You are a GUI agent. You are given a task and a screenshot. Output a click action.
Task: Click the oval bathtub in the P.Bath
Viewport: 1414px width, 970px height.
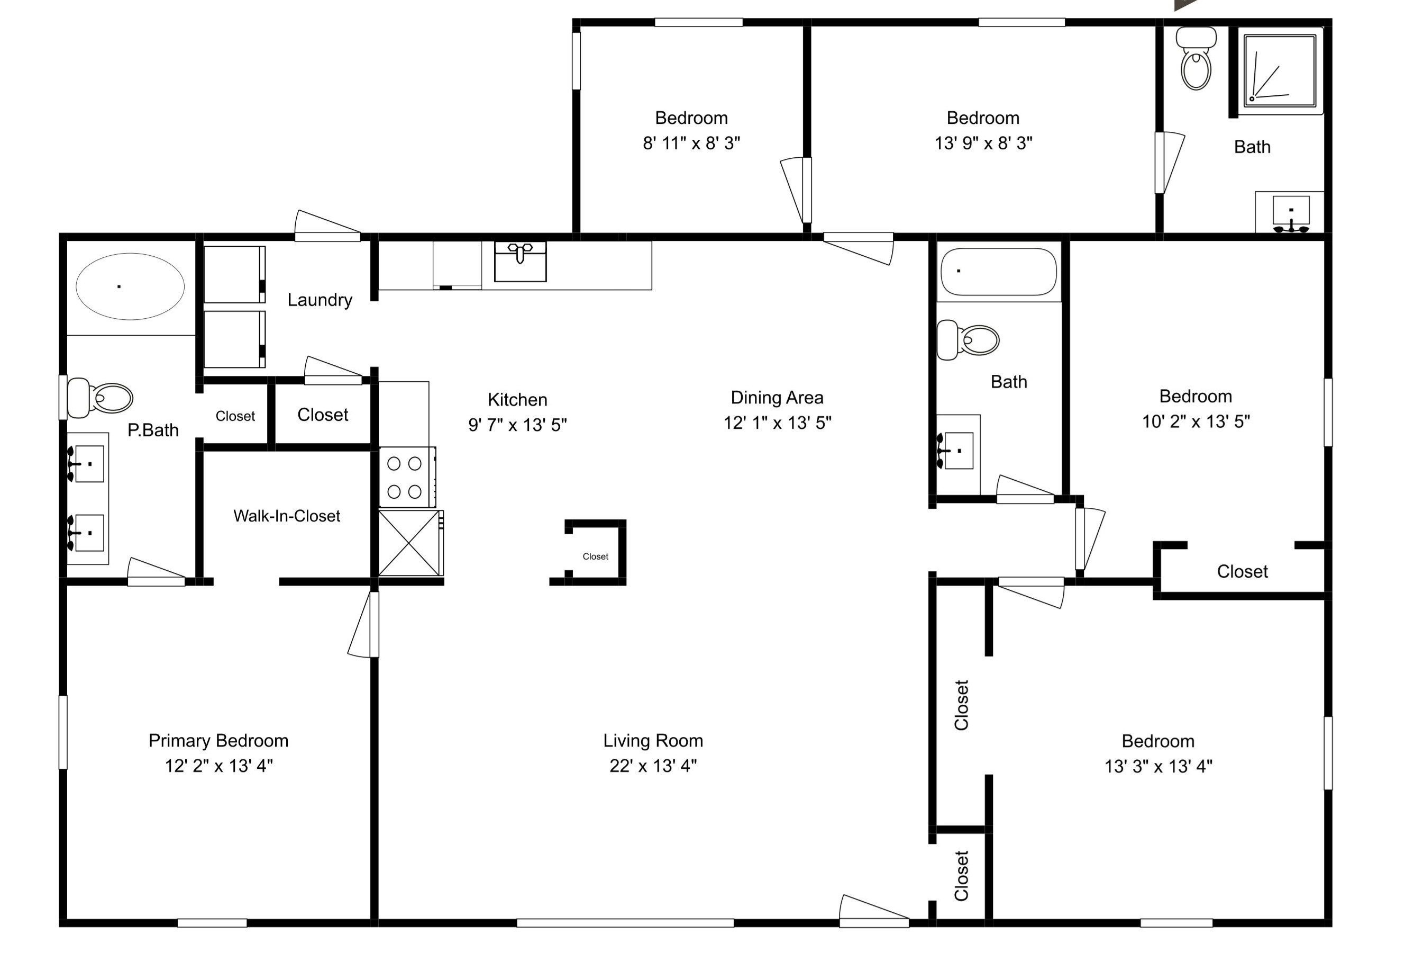[130, 286]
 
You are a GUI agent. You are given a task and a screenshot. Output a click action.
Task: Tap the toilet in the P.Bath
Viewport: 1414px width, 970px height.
[100, 398]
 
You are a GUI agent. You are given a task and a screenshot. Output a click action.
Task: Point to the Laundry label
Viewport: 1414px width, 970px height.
[320, 300]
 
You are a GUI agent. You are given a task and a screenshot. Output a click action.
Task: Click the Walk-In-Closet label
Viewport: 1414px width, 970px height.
[287, 516]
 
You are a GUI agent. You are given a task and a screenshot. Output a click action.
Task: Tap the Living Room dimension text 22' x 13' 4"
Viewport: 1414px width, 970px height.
[653, 766]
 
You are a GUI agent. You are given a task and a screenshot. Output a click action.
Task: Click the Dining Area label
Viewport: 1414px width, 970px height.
[777, 398]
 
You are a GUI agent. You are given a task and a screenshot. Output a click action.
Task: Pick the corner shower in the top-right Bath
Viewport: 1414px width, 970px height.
[1280, 71]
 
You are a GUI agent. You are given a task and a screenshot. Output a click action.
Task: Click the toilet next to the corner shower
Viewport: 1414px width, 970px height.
[1196, 58]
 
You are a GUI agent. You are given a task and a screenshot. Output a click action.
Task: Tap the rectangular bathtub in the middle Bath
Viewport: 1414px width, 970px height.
[998, 272]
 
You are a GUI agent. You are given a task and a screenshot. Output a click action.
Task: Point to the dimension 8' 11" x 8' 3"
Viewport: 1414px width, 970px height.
[691, 143]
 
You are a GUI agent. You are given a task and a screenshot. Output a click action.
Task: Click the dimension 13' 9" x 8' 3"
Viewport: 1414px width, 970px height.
[983, 143]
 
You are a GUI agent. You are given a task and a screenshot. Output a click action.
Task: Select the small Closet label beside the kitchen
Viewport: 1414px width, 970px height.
[595, 556]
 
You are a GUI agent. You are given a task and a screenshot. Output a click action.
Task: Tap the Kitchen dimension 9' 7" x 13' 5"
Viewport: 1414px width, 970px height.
[517, 425]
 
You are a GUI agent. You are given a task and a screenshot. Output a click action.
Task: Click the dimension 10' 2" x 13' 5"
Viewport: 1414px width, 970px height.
[1196, 421]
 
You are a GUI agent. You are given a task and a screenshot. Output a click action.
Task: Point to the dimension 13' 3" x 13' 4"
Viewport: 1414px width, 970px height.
[1158, 766]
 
